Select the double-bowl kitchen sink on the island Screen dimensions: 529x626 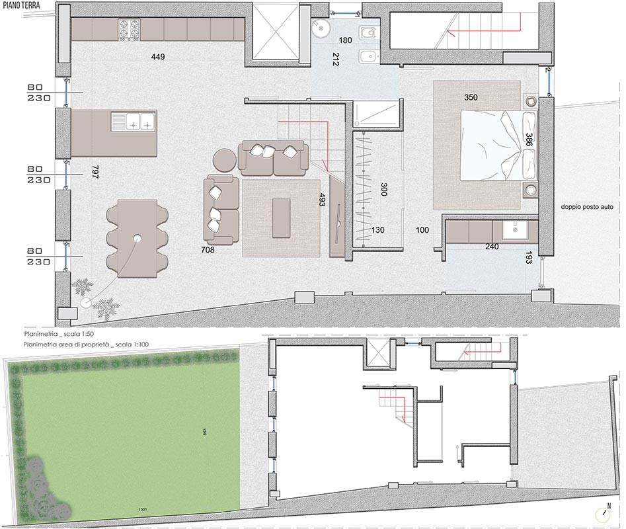coord(134,121)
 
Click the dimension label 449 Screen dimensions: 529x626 coord(157,57)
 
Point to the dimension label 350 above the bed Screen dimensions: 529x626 coord(471,97)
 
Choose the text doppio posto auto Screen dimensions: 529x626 coord(588,207)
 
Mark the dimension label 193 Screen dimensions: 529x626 coord(528,260)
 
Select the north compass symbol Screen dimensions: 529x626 coord(606,515)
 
